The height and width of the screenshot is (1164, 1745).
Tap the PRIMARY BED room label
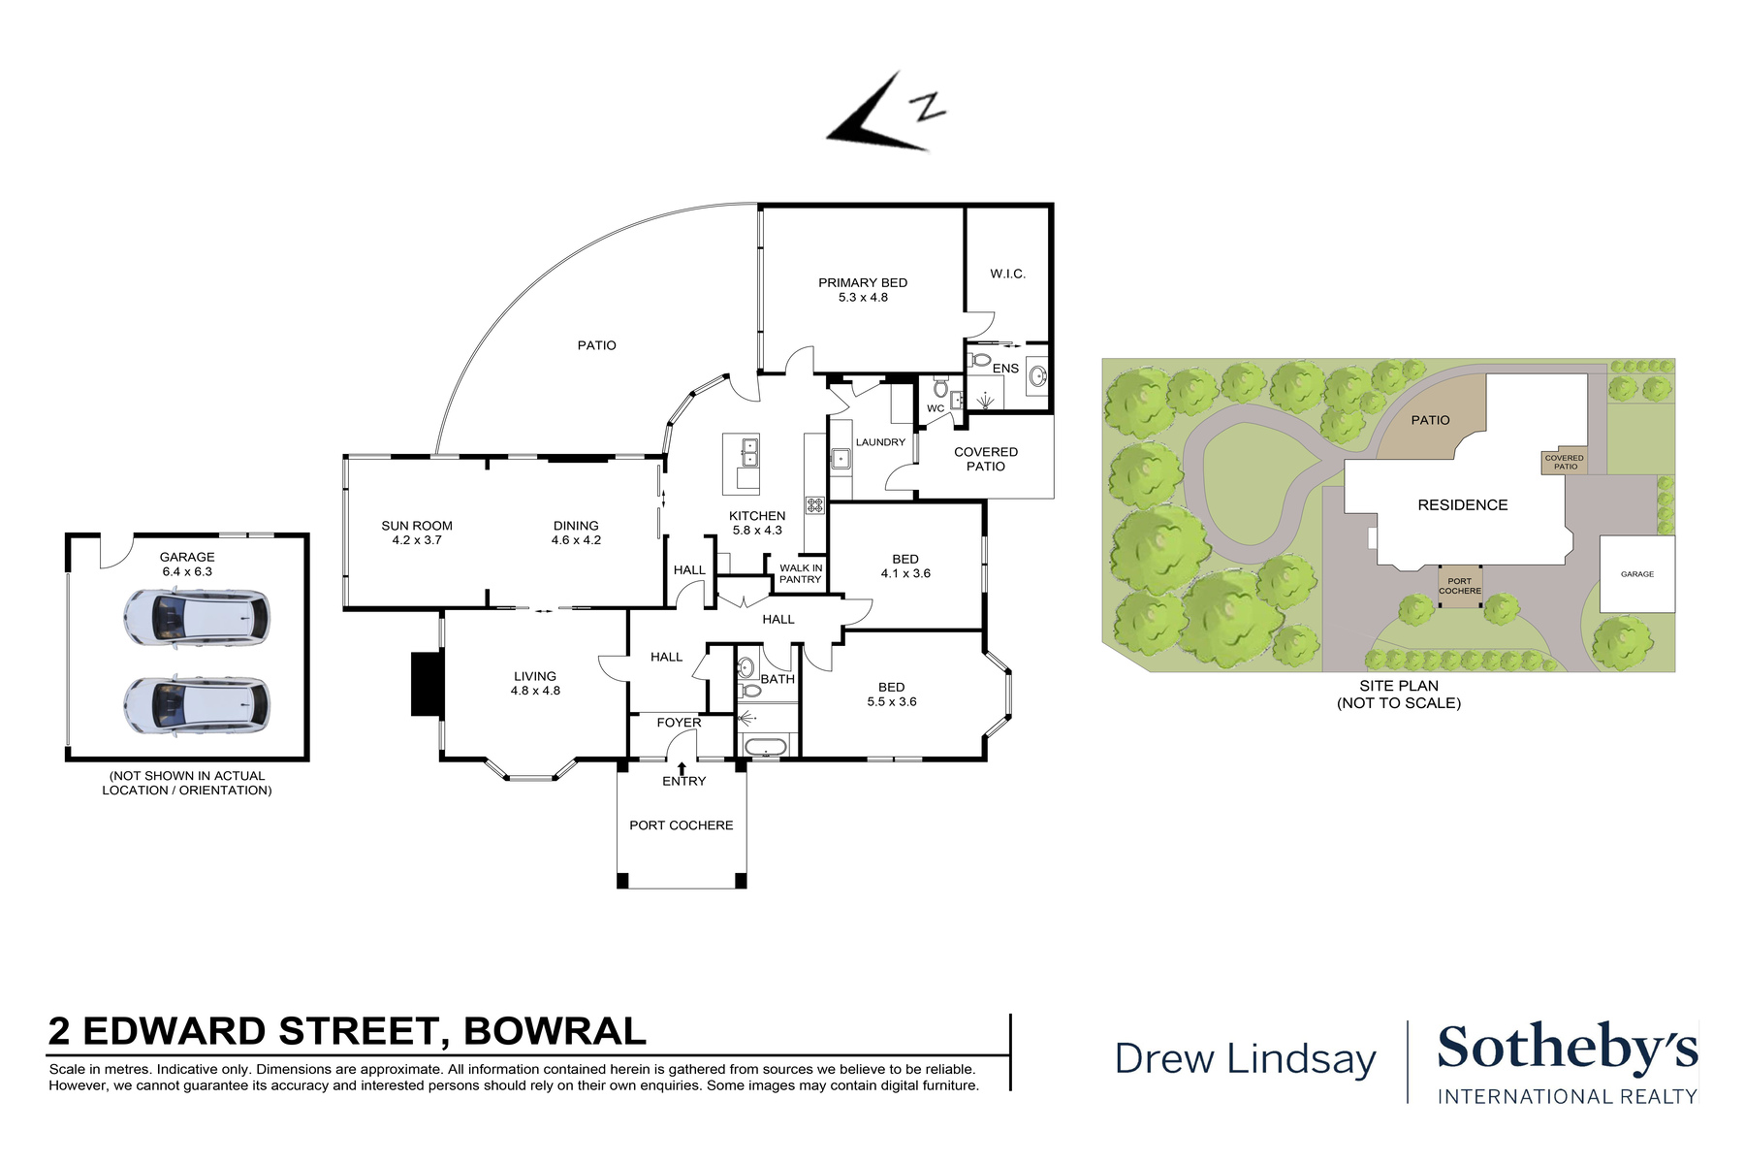pyautogui.click(x=863, y=290)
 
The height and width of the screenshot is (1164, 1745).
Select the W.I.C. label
pyautogui.click(x=1007, y=275)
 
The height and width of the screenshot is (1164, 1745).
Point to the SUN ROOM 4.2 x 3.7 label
pyautogui.click(x=417, y=533)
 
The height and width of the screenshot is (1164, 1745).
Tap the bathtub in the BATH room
pyautogui.click(x=765, y=747)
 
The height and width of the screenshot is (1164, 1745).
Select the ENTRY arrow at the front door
pyautogui.click(x=682, y=768)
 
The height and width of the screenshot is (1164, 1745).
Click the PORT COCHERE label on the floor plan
pyautogui.click(x=682, y=825)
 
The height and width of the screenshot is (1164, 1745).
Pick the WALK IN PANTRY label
pyautogui.click(x=801, y=574)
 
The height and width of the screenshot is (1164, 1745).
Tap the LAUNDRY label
pyautogui.click(x=880, y=442)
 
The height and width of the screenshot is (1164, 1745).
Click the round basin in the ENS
pyautogui.click(x=1037, y=377)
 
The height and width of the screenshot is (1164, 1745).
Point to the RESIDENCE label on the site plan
pyautogui.click(x=1462, y=505)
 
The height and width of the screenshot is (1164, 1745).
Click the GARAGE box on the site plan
pyautogui.click(x=1636, y=574)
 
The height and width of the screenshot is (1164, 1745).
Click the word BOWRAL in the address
pyautogui.click(x=555, y=1032)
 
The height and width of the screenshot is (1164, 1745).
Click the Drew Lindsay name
pyautogui.click(x=1245, y=1058)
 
